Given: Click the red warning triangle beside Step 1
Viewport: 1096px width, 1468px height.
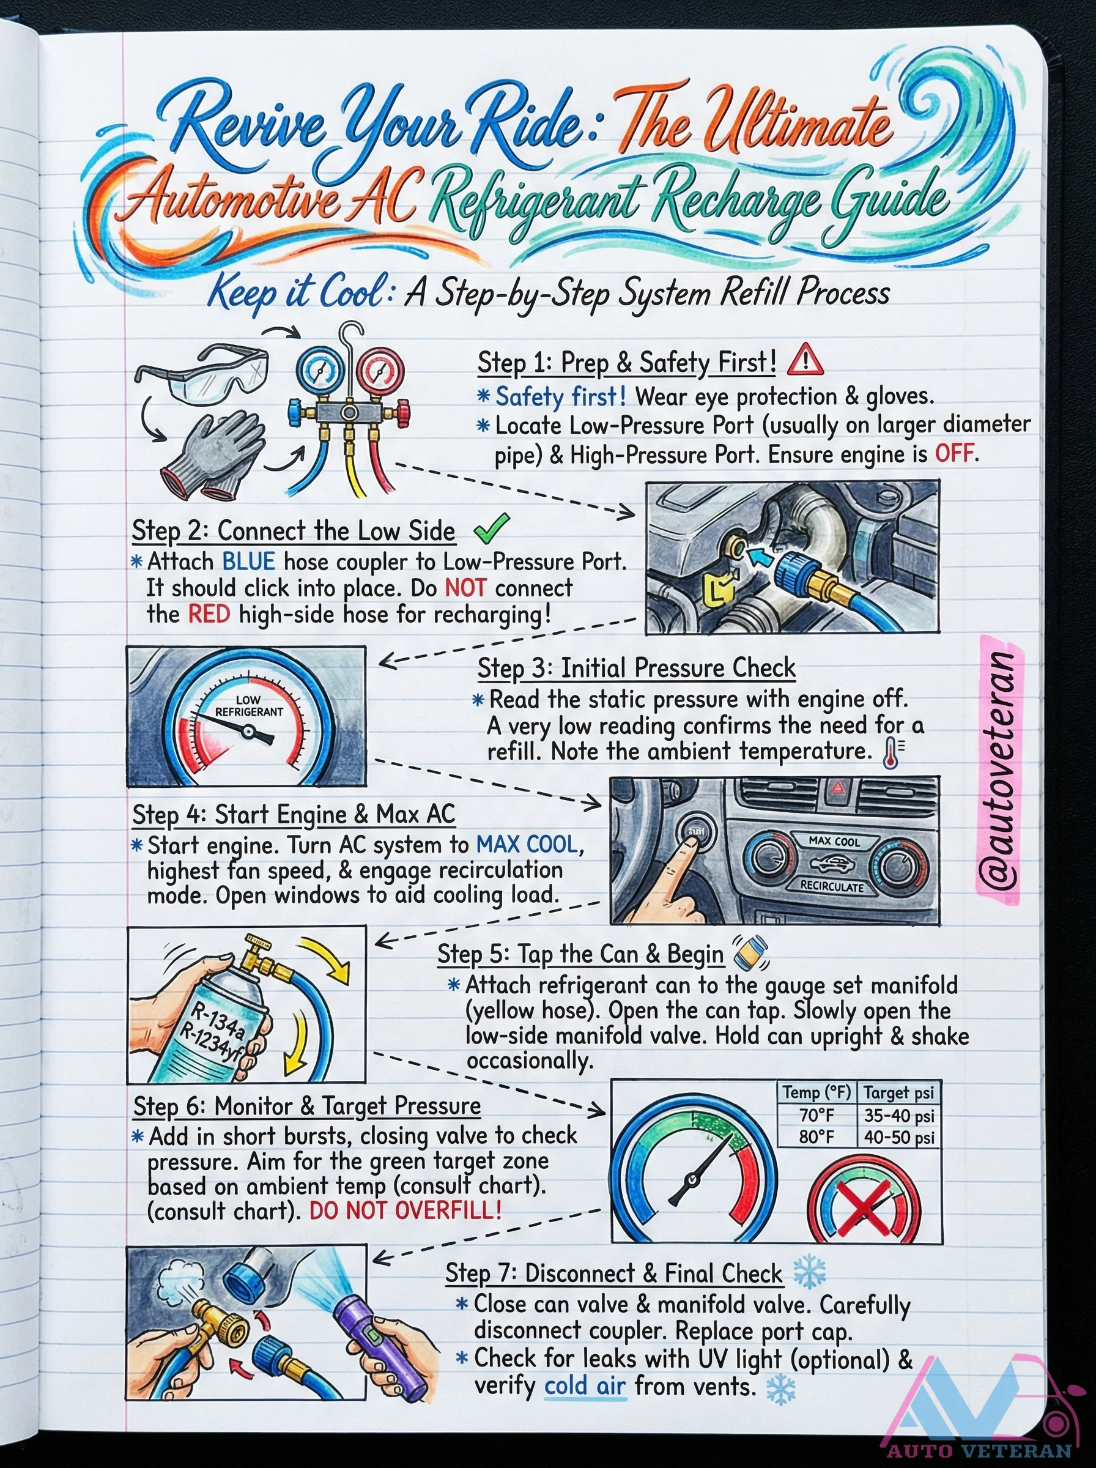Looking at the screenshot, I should (x=805, y=360).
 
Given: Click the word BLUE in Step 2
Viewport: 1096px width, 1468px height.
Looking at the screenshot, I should (x=248, y=562).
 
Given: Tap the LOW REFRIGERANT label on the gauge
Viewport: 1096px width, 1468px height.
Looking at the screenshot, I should (x=249, y=706).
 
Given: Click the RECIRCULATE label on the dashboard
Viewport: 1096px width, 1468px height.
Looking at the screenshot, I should (x=831, y=886).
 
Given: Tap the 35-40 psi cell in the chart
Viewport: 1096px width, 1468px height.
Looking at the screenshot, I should (x=898, y=1116).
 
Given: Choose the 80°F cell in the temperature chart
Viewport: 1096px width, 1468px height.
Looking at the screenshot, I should (x=816, y=1137).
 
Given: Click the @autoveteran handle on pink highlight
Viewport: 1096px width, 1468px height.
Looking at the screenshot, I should (x=999, y=769).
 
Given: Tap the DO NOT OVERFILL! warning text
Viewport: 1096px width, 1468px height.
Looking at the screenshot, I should (x=405, y=1210).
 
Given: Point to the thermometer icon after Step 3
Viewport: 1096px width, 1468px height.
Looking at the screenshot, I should (x=892, y=754).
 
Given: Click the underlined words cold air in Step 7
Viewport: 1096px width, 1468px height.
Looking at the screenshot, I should (x=585, y=1386).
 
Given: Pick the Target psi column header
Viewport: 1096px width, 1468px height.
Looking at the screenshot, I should (x=898, y=1092).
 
